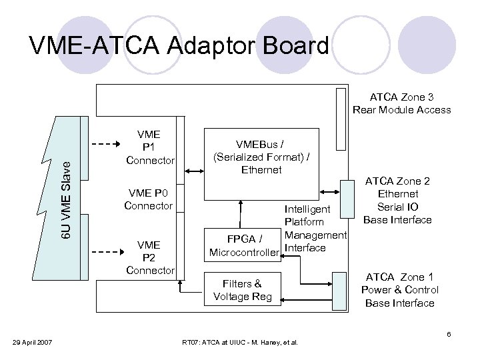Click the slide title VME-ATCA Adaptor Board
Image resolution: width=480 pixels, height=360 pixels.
pos(179,45)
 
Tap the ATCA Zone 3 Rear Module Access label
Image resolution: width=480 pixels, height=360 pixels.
pos(401,103)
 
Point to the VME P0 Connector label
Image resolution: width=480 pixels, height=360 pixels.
pos(148,199)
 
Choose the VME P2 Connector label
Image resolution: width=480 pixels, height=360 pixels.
pos(150,249)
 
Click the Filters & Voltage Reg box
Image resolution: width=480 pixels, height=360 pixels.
pos(242,290)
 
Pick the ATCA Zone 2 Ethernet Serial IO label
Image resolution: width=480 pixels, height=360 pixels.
pos(397,200)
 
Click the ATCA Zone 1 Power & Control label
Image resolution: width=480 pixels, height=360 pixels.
pos(399,290)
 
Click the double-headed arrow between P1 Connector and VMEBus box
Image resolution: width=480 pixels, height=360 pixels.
pos(193,172)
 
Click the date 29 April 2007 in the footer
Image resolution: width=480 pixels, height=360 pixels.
pos(31,343)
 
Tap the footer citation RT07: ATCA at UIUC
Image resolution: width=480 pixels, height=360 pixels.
pos(240,343)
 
